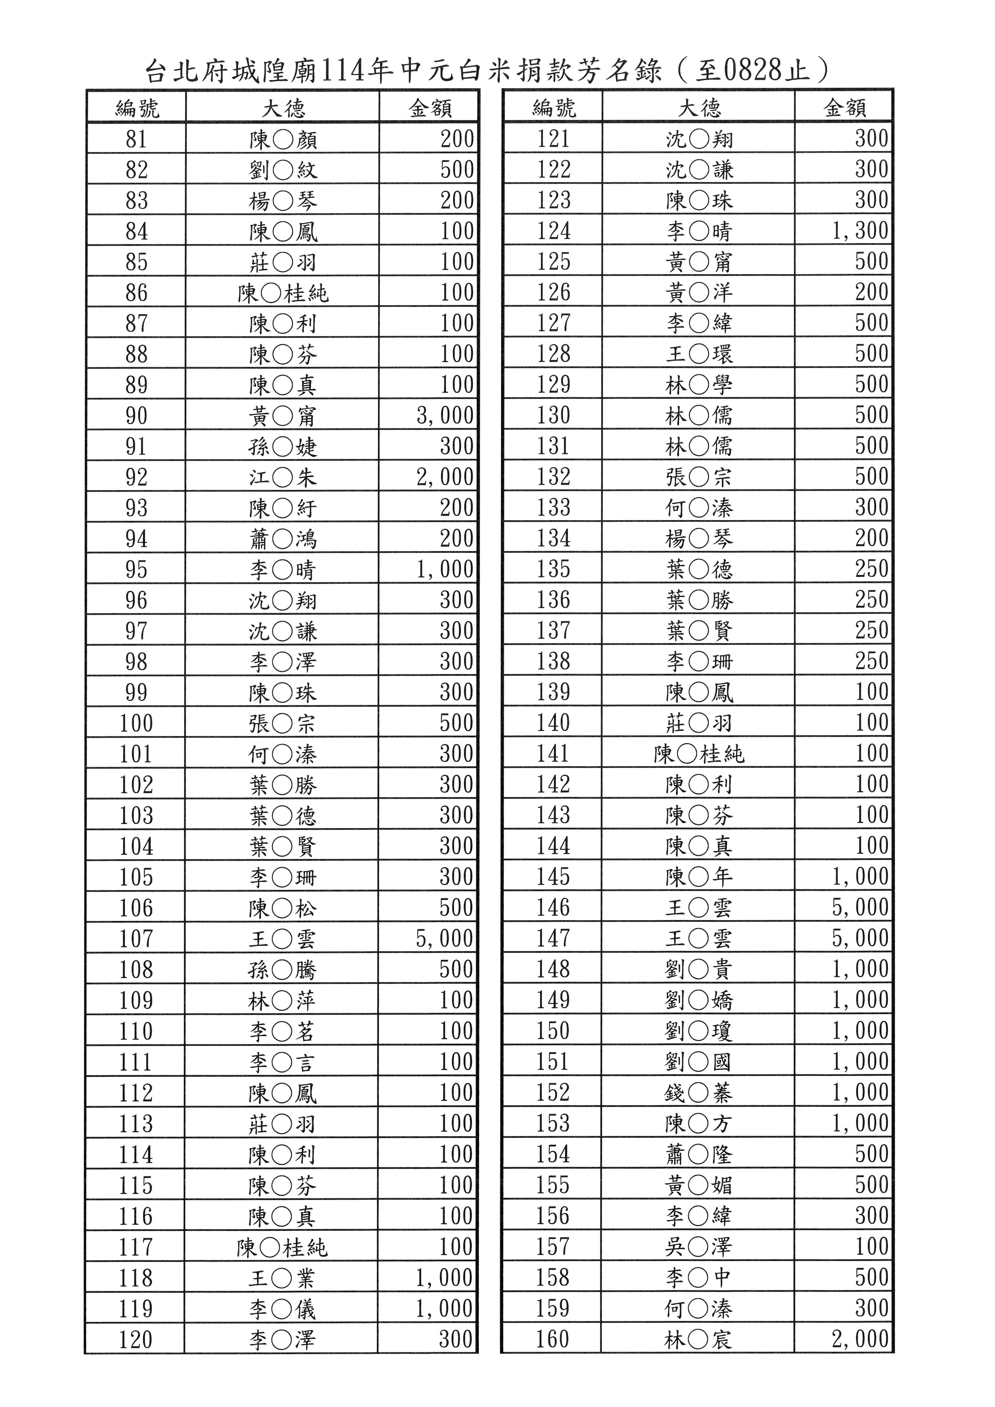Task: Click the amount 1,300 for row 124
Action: [x=860, y=231]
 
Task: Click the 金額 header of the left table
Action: [x=429, y=108]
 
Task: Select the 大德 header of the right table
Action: [x=698, y=108]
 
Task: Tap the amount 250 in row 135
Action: [x=871, y=569]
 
